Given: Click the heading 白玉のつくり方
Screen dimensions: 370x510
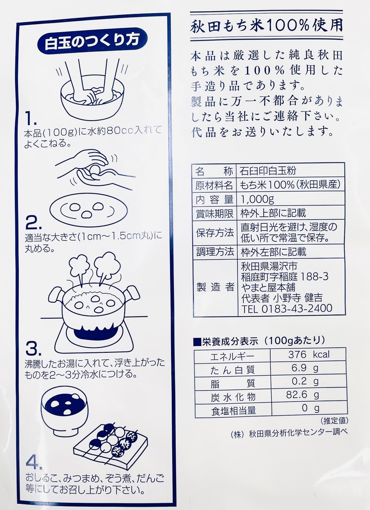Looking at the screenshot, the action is coord(92,43).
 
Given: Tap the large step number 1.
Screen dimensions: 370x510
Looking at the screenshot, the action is coord(31,119).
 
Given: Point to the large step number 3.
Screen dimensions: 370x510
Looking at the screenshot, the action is coord(34,349).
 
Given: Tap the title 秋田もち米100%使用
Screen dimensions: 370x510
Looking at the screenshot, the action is coord(266,27).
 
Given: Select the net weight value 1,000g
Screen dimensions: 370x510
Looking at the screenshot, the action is coord(257,200).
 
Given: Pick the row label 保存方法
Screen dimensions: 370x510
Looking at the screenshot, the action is coord(215,233).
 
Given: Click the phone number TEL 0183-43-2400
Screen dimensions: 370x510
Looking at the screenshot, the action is coord(287,309).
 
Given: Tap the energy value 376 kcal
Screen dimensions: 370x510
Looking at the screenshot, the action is coord(309,355).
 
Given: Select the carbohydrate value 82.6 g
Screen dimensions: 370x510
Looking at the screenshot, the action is coord(302,395).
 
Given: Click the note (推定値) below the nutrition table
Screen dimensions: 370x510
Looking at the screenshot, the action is coord(334,421).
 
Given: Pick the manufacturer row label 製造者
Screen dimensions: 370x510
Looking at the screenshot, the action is coord(215,287).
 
